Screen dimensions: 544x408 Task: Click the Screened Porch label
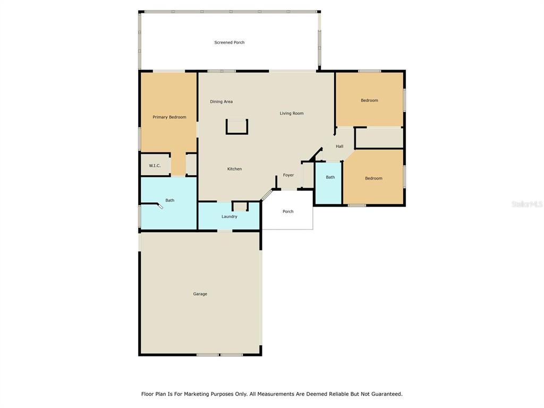tap(229, 42)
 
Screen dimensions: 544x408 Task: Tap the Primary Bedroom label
tap(169, 117)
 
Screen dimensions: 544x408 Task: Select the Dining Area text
tap(222, 101)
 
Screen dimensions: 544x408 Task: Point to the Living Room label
tap(292, 113)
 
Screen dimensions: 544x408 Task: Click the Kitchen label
tap(234, 169)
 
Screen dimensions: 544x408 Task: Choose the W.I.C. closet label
tap(155, 166)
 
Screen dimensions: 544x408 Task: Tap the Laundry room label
tap(229, 217)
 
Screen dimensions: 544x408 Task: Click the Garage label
tap(200, 294)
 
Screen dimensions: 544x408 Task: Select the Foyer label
tap(288, 175)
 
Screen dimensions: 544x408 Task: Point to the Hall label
tap(339, 147)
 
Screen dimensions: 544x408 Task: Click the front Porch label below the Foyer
tap(288, 211)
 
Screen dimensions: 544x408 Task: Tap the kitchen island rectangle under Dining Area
tap(237, 126)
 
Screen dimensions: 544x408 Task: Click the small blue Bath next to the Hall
tap(328, 183)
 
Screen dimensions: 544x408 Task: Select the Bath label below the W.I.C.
tap(170, 200)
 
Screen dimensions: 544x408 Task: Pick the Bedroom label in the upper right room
tap(370, 100)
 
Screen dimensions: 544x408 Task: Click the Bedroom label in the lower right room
tap(373, 178)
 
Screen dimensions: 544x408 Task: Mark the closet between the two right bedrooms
tap(379, 138)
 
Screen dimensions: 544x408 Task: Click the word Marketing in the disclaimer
tap(197, 394)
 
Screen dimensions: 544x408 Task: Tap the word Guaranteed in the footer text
tap(387, 394)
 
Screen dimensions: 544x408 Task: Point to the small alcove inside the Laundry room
tap(240, 206)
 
